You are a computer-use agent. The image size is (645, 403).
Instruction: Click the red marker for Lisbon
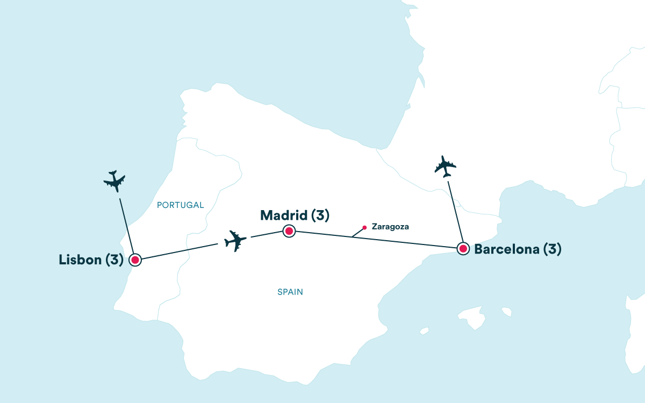tap(135, 260)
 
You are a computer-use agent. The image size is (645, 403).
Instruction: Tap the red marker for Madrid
tap(289, 231)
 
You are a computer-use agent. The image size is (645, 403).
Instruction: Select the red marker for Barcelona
tap(463, 248)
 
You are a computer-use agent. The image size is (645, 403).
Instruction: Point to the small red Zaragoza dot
tap(364, 227)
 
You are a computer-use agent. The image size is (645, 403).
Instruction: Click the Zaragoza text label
tap(390, 227)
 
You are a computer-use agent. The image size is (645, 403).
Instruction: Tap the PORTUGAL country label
tap(180, 205)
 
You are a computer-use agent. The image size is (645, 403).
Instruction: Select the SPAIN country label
tap(290, 292)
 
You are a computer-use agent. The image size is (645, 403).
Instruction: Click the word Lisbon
tap(80, 260)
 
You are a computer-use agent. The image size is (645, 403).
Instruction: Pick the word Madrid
tap(284, 215)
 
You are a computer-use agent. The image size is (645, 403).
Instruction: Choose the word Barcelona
tap(507, 249)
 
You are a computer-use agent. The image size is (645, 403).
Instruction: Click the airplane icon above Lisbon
tap(114, 181)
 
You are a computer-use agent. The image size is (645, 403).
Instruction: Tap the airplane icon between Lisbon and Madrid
tap(235, 241)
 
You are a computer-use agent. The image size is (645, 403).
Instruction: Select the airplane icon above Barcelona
tap(445, 167)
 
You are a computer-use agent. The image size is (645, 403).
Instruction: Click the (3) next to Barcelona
tap(553, 249)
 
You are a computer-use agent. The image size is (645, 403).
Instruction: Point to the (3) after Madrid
tap(320, 215)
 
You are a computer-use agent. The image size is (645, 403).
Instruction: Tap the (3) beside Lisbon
tap(114, 260)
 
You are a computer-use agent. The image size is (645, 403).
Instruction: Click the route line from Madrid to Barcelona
tap(376, 240)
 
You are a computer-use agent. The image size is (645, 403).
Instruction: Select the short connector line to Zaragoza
tap(357, 233)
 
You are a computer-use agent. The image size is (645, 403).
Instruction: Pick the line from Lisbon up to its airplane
tap(127, 226)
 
